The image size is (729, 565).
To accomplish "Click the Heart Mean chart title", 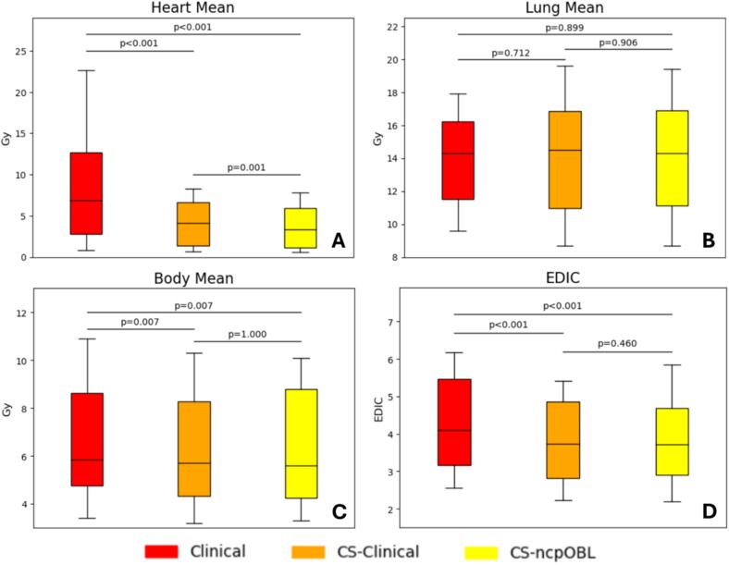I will click(x=192, y=8).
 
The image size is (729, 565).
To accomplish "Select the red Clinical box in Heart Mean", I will click(x=85, y=193).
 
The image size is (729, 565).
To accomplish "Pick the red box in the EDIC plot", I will click(x=454, y=422).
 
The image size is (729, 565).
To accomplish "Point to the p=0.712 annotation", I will click(x=509, y=52).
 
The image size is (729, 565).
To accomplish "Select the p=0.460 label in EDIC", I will click(x=617, y=343).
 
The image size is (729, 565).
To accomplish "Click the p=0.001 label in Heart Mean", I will click(x=247, y=166).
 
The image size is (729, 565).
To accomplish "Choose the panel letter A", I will click(x=338, y=242).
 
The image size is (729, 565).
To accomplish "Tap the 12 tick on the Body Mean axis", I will click(x=20, y=313).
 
